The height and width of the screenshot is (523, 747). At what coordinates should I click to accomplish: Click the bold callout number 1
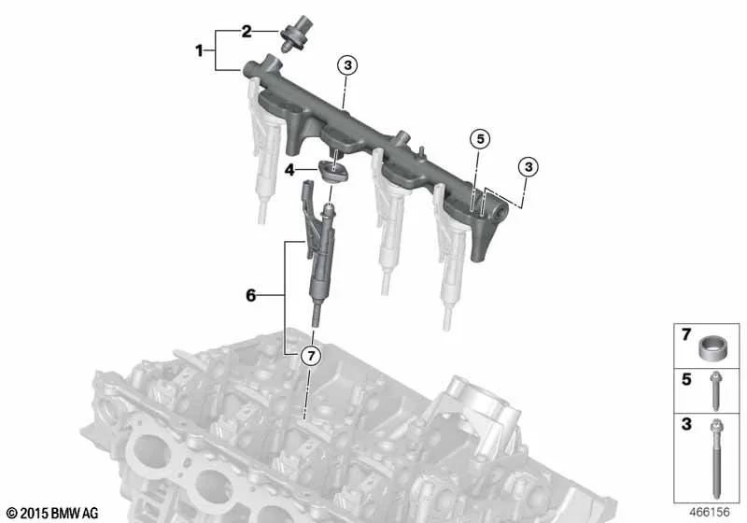pyautogui.click(x=199, y=50)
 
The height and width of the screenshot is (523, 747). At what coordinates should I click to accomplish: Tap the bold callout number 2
pyautogui.click(x=247, y=32)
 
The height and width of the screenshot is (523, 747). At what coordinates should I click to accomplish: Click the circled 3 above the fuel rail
pyautogui.click(x=347, y=64)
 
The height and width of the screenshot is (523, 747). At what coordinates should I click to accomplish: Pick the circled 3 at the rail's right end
pyautogui.click(x=529, y=167)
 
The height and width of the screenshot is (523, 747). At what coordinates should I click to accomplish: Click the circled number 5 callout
pyautogui.click(x=480, y=139)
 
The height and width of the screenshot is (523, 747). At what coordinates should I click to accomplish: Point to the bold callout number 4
pyautogui.click(x=289, y=170)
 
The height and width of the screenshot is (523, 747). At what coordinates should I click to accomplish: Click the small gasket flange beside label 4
pyautogui.click(x=333, y=171)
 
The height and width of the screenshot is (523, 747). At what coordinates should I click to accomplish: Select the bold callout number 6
pyautogui.click(x=250, y=295)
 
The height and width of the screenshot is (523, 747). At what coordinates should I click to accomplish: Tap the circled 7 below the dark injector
pyautogui.click(x=311, y=355)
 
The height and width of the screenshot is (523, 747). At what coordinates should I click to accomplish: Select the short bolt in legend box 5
pyautogui.click(x=715, y=391)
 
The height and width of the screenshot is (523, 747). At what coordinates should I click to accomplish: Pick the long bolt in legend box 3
pyautogui.click(x=716, y=458)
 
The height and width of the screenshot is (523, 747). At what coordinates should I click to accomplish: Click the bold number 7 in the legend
pyautogui.click(x=686, y=335)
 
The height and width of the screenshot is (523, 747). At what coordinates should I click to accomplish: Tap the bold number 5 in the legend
pyautogui.click(x=686, y=379)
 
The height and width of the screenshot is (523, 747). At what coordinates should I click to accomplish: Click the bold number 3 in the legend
pyautogui.click(x=686, y=423)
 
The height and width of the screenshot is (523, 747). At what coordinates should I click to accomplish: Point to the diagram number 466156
pyautogui.click(x=710, y=512)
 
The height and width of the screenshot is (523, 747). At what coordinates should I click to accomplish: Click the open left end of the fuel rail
pyautogui.click(x=247, y=70)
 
